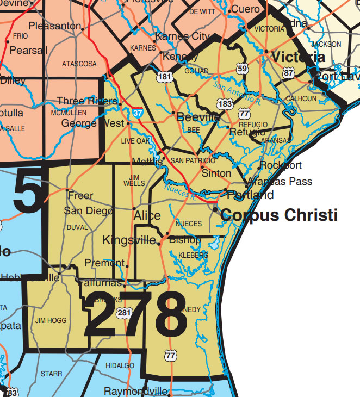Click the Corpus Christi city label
tap(279, 215)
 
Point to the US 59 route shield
tap(242, 69)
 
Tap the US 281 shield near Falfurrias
tap(125, 312)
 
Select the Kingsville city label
tap(129, 240)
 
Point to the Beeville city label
tap(198, 117)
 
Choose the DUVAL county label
tap(77, 227)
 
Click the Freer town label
tap(80, 195)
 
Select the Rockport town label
tap(280, 165)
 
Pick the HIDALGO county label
tap(119, 365)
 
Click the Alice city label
tap(147, 216)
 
